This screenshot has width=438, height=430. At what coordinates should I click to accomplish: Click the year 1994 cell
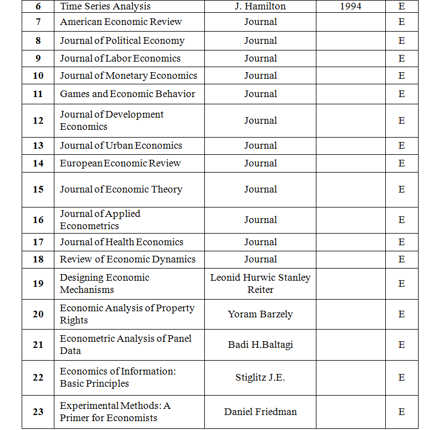coord(350,7)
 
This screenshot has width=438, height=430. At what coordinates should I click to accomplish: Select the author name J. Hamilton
coord(260,7)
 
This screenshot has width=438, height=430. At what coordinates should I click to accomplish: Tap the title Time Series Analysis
coord(105,7)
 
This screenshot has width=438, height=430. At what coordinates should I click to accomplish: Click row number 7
coord(38,22)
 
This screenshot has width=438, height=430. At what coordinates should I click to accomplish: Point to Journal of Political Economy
coord(122,41)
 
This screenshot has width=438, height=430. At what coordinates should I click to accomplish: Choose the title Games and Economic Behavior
coord(128,94)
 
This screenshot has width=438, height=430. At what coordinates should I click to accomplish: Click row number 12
coord(38,120)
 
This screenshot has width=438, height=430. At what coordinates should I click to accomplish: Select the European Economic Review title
coord(120,163)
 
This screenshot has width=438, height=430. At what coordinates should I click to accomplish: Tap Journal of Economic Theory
coord(121,189)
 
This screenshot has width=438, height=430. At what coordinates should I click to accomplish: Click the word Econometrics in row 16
coord(89,226)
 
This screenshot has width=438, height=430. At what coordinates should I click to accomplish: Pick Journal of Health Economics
coord(122,242)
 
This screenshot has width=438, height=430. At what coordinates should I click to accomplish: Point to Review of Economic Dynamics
coord(128,259)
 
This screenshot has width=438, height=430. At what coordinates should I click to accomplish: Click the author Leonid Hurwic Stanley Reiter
coord(260,284)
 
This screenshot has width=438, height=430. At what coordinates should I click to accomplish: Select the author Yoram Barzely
coord(260,314)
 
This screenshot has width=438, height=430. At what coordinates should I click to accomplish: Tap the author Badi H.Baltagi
coord(260,345)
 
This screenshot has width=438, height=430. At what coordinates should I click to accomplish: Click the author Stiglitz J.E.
coord(260,377)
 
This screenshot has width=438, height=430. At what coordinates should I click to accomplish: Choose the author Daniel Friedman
coord(260,412)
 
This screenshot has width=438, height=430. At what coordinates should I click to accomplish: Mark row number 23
coord(38,412)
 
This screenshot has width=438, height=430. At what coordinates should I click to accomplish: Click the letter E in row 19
coord(401,284)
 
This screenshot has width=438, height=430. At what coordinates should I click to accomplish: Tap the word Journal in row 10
coord(260,75)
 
